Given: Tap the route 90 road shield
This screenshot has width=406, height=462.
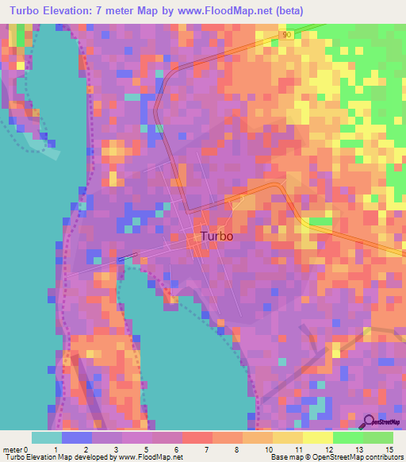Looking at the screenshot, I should point(286,35).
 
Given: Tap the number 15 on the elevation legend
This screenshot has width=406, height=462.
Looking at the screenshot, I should point(389,449).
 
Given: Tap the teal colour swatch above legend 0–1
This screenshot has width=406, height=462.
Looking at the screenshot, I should point(47,437).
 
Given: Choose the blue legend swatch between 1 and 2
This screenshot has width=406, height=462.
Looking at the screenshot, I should point(77,437).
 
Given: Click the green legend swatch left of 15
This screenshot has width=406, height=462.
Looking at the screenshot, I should point(378,437).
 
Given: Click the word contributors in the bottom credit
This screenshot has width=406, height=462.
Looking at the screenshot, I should point(378,457).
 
